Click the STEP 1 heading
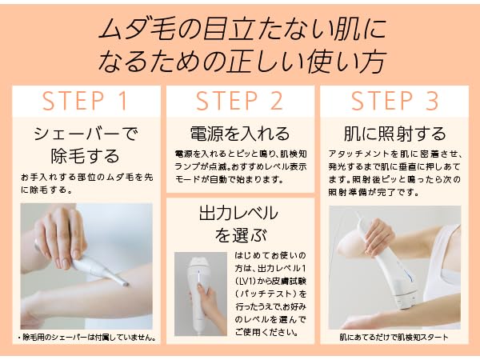coord(85,102)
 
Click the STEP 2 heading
coord(240,102)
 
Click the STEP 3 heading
coord(394,102)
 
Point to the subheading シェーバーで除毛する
coord(85,144)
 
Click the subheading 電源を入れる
coord(240,133)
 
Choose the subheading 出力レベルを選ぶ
coord(240,225)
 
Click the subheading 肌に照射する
coord(394,133)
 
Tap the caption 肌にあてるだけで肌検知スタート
coord(394,337)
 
